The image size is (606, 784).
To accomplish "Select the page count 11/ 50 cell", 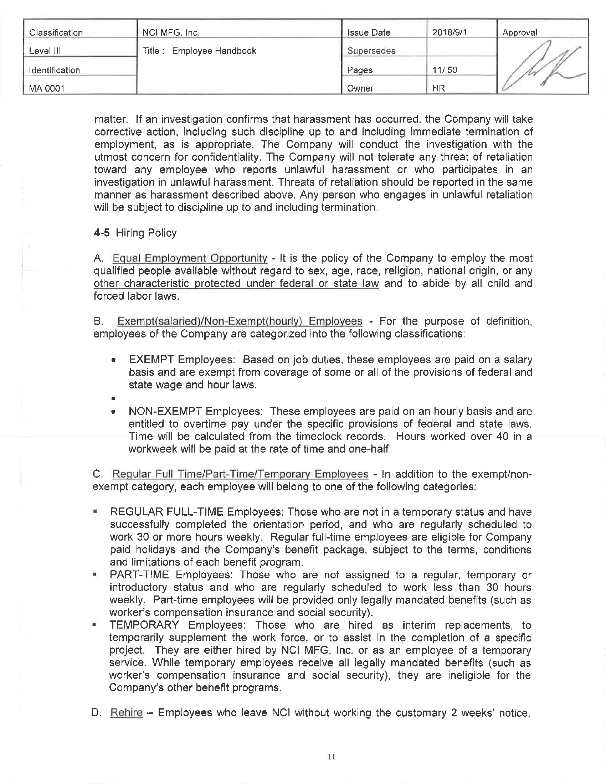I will (445, 69).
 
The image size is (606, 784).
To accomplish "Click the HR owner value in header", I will (438, 88).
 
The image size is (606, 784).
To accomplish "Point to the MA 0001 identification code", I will (47, 88).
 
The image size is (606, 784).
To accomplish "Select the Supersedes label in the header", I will (371, 51).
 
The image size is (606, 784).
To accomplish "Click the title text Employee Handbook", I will (214, 51).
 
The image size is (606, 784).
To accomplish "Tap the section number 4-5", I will (101, 233).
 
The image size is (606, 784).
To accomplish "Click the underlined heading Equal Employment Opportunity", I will (190, 258).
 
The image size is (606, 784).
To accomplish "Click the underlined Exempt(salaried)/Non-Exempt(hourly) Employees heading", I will (240, 321).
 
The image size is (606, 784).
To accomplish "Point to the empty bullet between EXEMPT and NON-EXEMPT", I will (113, 398).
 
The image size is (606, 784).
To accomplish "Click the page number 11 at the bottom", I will (332, 756).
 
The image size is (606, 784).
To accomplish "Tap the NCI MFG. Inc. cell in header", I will (171, 33).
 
